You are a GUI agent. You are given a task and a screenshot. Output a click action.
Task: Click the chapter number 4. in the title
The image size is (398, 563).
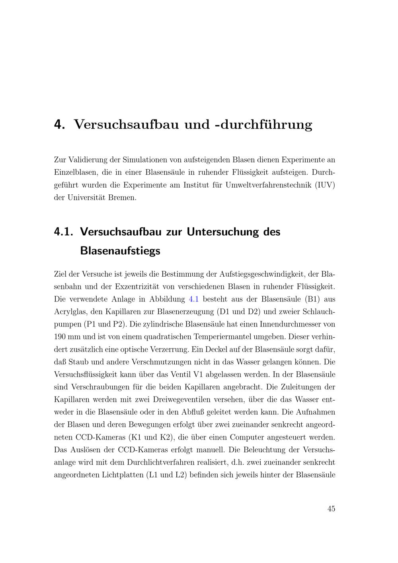click(59, 125)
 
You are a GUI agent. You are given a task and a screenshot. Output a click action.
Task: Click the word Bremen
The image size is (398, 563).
click(122, 198)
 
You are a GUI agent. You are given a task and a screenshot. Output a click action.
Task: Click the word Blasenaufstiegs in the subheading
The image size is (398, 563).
click(120, 251)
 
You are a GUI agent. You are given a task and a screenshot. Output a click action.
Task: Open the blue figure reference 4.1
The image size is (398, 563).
click(193, 299)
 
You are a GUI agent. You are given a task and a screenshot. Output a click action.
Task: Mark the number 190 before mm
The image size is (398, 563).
click(60, 337)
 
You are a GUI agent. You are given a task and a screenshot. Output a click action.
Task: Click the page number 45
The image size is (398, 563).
click(331, 509)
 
